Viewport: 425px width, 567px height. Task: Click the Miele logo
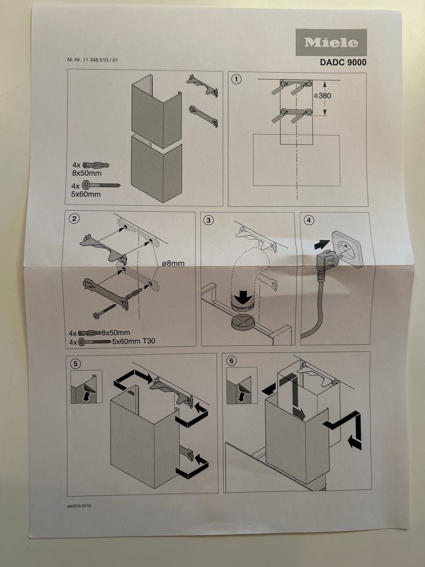click(x=331, y=43)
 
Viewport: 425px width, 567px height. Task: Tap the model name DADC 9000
click(x=343, y=62)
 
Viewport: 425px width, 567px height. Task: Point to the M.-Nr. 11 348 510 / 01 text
click(x=93, y=60)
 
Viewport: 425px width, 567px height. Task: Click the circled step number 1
click(x=236, y=79)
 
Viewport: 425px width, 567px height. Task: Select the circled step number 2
click(x=74, y=219)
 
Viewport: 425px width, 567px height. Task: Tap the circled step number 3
click(x=209, y=220)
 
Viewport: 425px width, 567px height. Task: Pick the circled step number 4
click(x=309, y=220)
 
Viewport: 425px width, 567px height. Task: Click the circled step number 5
click(x=75, y=364)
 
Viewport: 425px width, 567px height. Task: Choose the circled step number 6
click(x=231, y=361)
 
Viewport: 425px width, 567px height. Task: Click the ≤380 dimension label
click(x=322, y=96)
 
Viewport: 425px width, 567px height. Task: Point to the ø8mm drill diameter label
click(x=173, y=264)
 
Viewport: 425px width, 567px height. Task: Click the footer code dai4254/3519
click(x=79, y=506)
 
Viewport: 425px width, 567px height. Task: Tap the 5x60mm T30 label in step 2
click(x=134, y=341)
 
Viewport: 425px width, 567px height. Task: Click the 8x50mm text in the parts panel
click(x=87, y=173)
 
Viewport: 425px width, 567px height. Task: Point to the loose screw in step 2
click(x=104, y=311)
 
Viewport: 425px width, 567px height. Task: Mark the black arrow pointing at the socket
click(x=322, y=245)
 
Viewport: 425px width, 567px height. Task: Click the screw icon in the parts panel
click(x=101, y=185)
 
